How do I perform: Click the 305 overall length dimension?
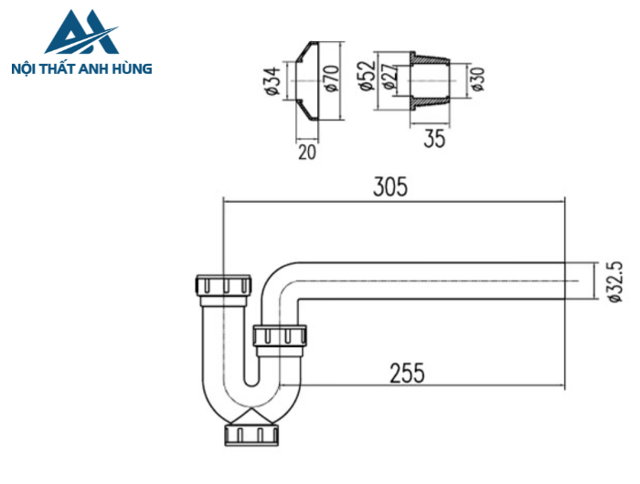coord(389,186)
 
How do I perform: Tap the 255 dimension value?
coord(406,374)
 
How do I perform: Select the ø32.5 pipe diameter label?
coord(614,281)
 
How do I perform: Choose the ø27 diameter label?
coord(389,79)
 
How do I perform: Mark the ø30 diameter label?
coord(476,79)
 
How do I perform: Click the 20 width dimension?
coord(306,152)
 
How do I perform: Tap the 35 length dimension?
coord(434,140)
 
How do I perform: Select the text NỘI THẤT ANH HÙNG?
coord(80,68)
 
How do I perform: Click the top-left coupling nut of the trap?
coord(222,285)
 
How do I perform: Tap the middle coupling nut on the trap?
coord(280,338)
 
